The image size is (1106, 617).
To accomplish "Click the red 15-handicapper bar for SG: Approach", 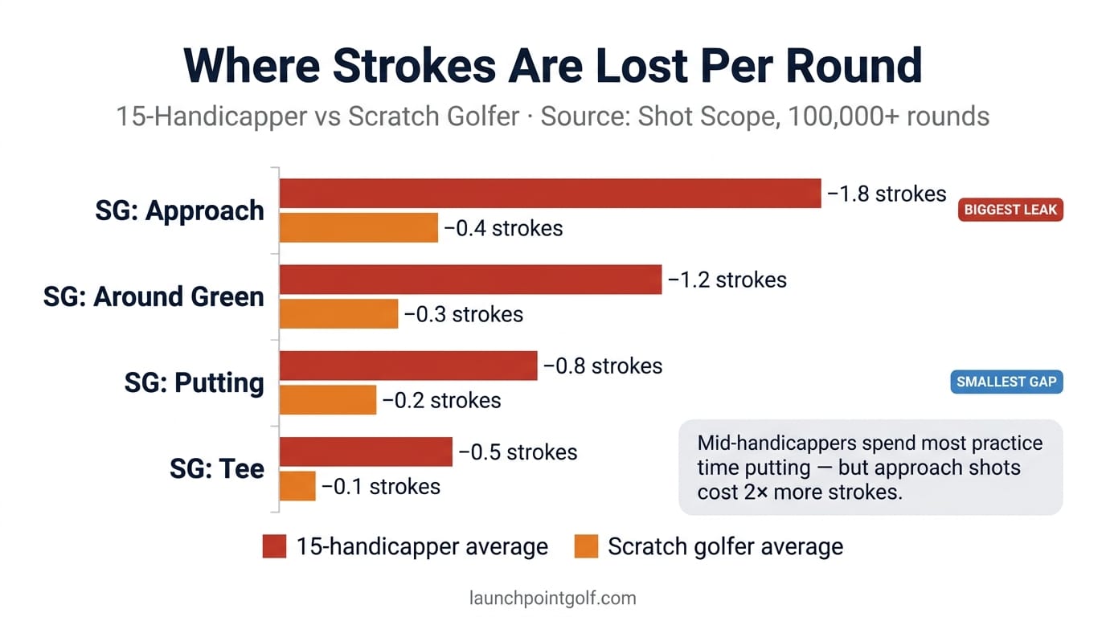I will (550, 194).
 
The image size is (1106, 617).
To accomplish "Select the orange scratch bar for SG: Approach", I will (358, 228).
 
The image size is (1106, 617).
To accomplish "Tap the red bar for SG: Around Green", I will (470, 280).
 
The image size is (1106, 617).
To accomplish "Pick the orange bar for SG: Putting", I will (328, 400).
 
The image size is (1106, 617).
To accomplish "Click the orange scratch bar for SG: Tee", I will (297, 486).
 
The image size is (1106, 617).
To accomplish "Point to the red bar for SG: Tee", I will (366, 452).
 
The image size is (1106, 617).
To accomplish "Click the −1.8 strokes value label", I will (887, 194).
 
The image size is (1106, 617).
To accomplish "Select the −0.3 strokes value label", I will (464, 314).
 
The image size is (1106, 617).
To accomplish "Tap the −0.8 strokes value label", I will (603, 366).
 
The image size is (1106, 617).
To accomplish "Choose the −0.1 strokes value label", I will (381, 486).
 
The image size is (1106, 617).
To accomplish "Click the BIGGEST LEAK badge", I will (1010, 210).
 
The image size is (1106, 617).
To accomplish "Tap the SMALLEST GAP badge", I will (1006, 382).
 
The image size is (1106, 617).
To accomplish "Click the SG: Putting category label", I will (194, 382).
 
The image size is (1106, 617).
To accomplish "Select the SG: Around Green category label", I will (154, 296).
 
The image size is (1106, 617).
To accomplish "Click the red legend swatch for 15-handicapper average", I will (275, 547).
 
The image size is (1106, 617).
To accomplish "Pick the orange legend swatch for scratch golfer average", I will (587, 547).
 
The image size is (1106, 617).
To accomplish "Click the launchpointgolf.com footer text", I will (552, 599).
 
